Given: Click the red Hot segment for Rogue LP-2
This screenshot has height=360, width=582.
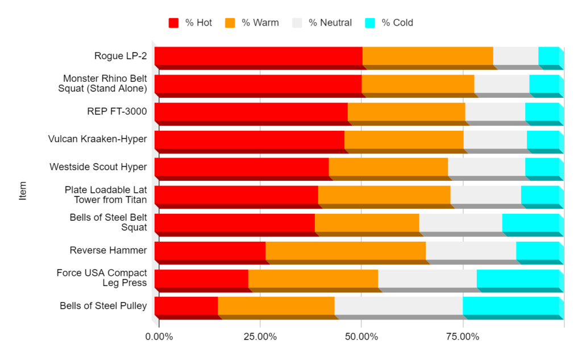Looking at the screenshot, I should [258, 56].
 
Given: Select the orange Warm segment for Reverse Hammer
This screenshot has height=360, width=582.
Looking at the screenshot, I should [345, 250].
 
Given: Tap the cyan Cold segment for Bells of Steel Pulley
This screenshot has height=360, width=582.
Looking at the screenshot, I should [510, 305].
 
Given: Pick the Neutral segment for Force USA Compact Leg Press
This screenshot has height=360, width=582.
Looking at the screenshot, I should [427, 278].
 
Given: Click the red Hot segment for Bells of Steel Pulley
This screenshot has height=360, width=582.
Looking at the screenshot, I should [186, 305].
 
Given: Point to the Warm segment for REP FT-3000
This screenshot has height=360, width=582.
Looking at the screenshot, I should [406, 111].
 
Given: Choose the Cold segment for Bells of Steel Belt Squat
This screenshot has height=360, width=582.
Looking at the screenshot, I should [530, 222].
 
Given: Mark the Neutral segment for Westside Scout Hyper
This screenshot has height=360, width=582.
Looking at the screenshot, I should [486, 167].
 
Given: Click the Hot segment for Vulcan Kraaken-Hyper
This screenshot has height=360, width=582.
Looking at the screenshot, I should [249, 139].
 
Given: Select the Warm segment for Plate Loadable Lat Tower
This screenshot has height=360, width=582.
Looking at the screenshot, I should [384, 195].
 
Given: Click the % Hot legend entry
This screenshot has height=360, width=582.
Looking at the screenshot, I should [190, 23].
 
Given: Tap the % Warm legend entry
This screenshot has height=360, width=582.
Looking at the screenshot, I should [252, 23].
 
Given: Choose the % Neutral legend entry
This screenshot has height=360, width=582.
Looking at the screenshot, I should [322, 23].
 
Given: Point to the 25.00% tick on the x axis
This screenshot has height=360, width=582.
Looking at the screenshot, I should [260, 337].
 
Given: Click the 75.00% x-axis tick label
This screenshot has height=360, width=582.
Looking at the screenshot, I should [463, 337].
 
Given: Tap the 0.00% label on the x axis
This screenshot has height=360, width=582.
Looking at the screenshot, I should [159, 337].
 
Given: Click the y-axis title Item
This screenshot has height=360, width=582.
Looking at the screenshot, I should [23, 191].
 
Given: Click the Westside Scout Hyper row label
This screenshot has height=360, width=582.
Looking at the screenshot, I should [98, 167].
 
